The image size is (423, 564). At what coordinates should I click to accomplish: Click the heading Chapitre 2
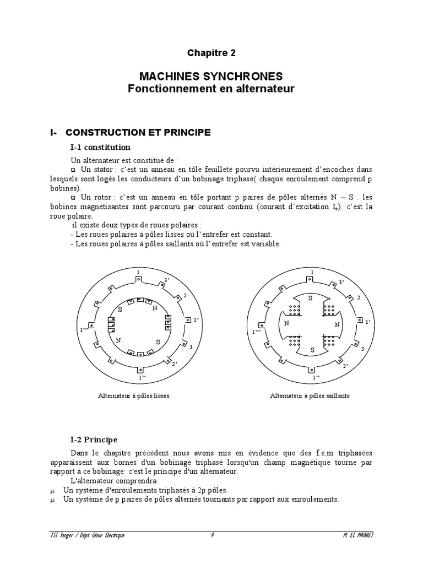pyautogui.click(x=211, y=53)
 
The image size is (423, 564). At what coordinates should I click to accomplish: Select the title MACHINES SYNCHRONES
pyautogui.click(x=211, y=76)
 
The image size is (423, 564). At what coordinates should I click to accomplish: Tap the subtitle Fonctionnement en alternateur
pyautogui.click(x=211, y=88)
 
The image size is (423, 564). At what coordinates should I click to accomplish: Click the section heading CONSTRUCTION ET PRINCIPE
pyautogui.click(x=138, y=132)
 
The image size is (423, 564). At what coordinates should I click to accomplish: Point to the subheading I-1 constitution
pyautogui.click(x=100, y=147)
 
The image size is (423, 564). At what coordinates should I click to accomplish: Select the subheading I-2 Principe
pyautogui.click(x=94, y=440)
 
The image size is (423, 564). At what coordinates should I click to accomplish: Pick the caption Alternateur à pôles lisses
pyautogui.click(x=134, y=395)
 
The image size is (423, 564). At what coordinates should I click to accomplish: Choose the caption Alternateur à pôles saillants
pyautogui.click(x=310, y=395)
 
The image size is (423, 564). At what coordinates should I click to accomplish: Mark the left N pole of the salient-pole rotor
pyautogui.click(x=286, y=323)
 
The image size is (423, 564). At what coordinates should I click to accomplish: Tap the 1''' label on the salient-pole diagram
pyautogui.click(x=257, y=331)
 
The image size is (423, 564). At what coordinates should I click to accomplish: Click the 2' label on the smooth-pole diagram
pyautogui.click(x=175, y=364)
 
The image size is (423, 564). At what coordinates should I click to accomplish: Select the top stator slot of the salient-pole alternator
pyautogui.click(x=312, y=279)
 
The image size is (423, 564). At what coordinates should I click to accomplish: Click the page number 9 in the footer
pyautogui.click(x=212, y=535)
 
